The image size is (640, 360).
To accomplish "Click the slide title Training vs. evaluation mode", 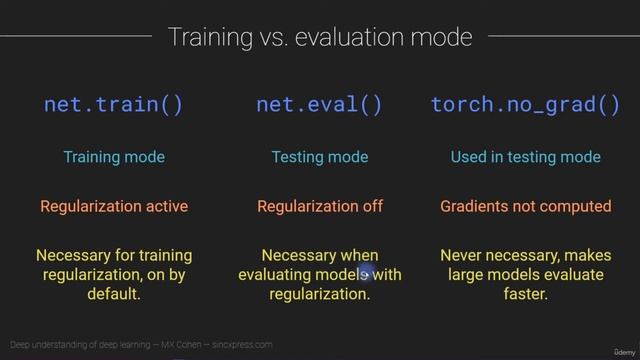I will [319, 38].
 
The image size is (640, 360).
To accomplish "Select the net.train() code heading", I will [113, 105].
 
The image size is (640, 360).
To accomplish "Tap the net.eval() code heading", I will [319, 105].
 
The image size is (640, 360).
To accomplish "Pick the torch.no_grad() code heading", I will [525, 105].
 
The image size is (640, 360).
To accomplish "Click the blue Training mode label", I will [113, 157].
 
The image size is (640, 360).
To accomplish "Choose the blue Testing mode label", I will [319, 157].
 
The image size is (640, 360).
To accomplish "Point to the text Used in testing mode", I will [525, 157].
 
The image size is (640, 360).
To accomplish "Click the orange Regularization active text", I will [113, 207].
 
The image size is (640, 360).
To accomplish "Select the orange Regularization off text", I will [319, 207].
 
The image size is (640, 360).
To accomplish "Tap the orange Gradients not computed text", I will [525, 207].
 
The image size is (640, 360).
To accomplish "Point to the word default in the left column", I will [114, 295].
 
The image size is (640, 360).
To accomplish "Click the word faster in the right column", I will [525, 295].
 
